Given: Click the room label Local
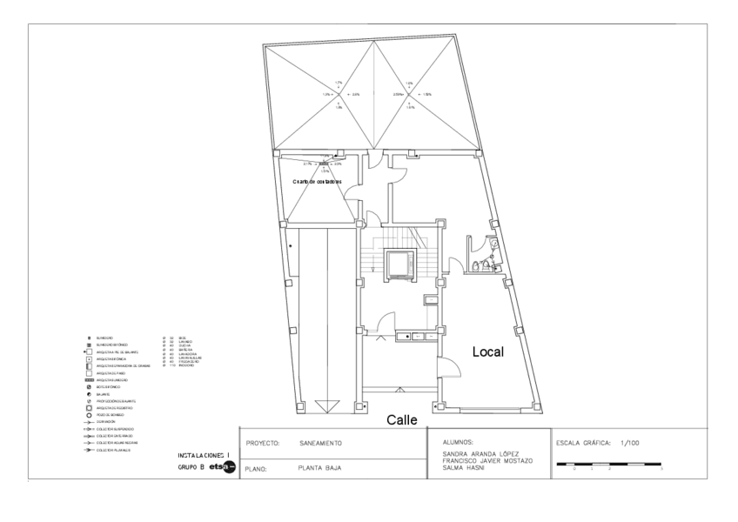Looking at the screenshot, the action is point(488,352).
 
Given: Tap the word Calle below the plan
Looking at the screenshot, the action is point(403,420).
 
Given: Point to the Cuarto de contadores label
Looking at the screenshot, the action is point(317,181).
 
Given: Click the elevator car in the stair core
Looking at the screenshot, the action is point(400,263).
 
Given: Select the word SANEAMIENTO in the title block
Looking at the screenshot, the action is point(320,443).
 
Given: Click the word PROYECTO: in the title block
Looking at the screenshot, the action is point(262,443).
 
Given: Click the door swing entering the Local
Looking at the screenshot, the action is point(445,369).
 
